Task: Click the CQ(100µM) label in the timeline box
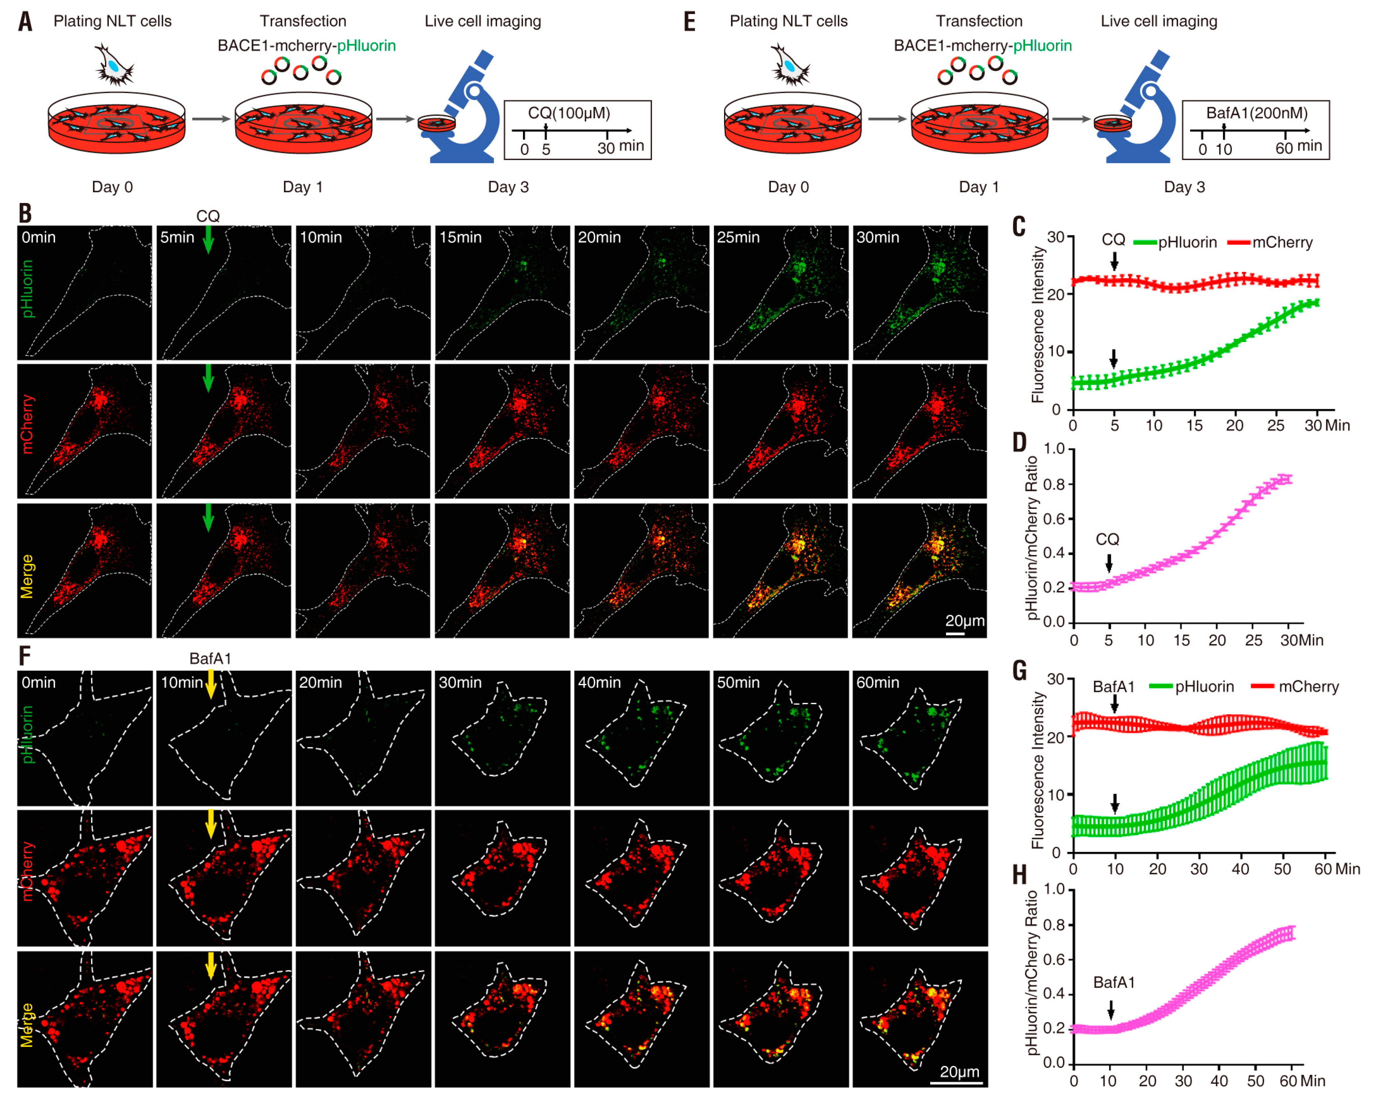(568, 113)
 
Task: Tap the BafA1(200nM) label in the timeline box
(1256, 113)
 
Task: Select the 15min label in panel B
(460, 237)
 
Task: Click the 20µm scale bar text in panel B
(964, 620)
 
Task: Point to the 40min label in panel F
(599, 682)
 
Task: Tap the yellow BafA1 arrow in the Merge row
(211, 966)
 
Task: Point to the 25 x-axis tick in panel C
(1275, 426)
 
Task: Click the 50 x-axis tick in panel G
(1282, 869)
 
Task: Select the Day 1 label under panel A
(302, 187)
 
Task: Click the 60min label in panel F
(877, 682)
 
